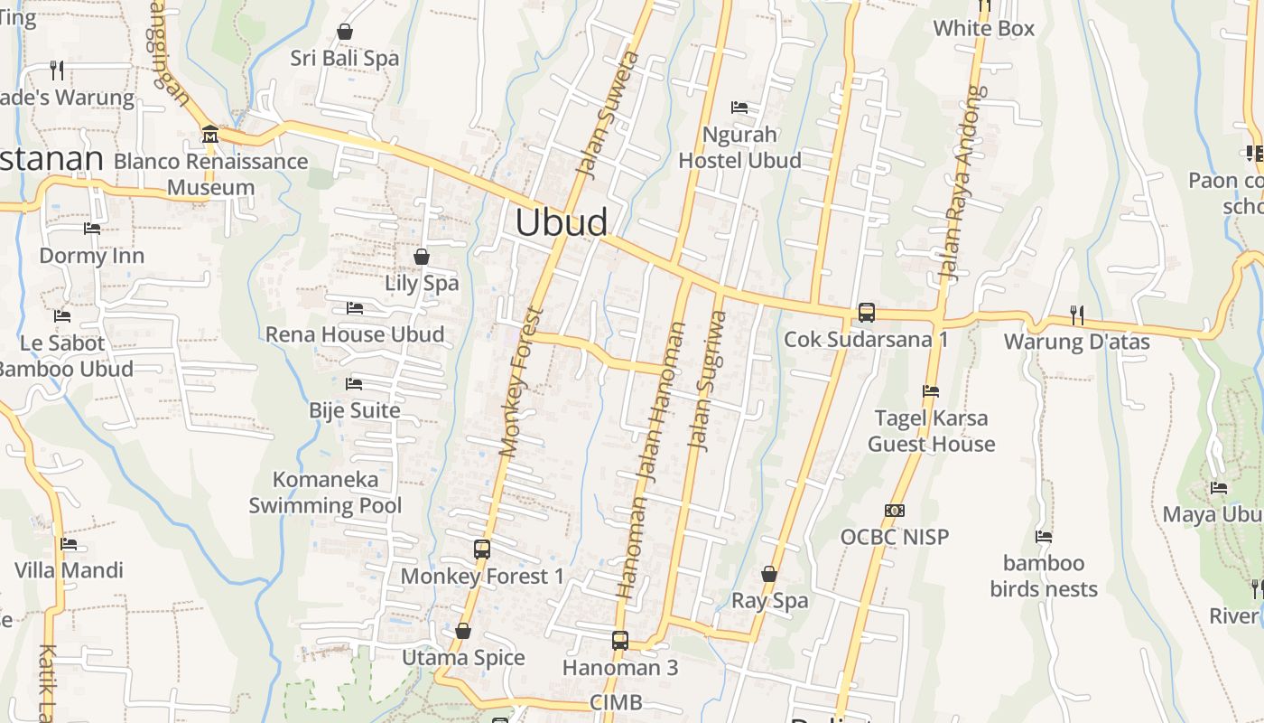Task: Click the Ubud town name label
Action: tap(561, 222)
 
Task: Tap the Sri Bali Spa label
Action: tap(344, 59)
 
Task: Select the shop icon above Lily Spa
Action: tap(421, 257)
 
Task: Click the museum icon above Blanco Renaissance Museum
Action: tap(210, 135)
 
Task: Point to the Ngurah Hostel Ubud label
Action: tap(739, 147)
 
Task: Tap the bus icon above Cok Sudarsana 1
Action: tap(866, 313)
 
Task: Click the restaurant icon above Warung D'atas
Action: tap(1076, 315)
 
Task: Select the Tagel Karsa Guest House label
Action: tap(931, 431)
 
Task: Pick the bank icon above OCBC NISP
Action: tap(894, 511)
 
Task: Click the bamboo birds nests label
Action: tap(1044, 577)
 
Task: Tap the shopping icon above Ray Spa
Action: tap(768, 574)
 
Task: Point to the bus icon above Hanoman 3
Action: tap(619, 641)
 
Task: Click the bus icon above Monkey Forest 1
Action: tap(482, 549)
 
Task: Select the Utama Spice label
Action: tap(463, 658)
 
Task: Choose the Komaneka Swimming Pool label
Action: tap(325, 493)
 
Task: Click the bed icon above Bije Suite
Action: tap(354, 384)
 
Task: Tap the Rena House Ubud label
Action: tap(355, 334)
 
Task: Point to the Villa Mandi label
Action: tap(69, 570)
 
